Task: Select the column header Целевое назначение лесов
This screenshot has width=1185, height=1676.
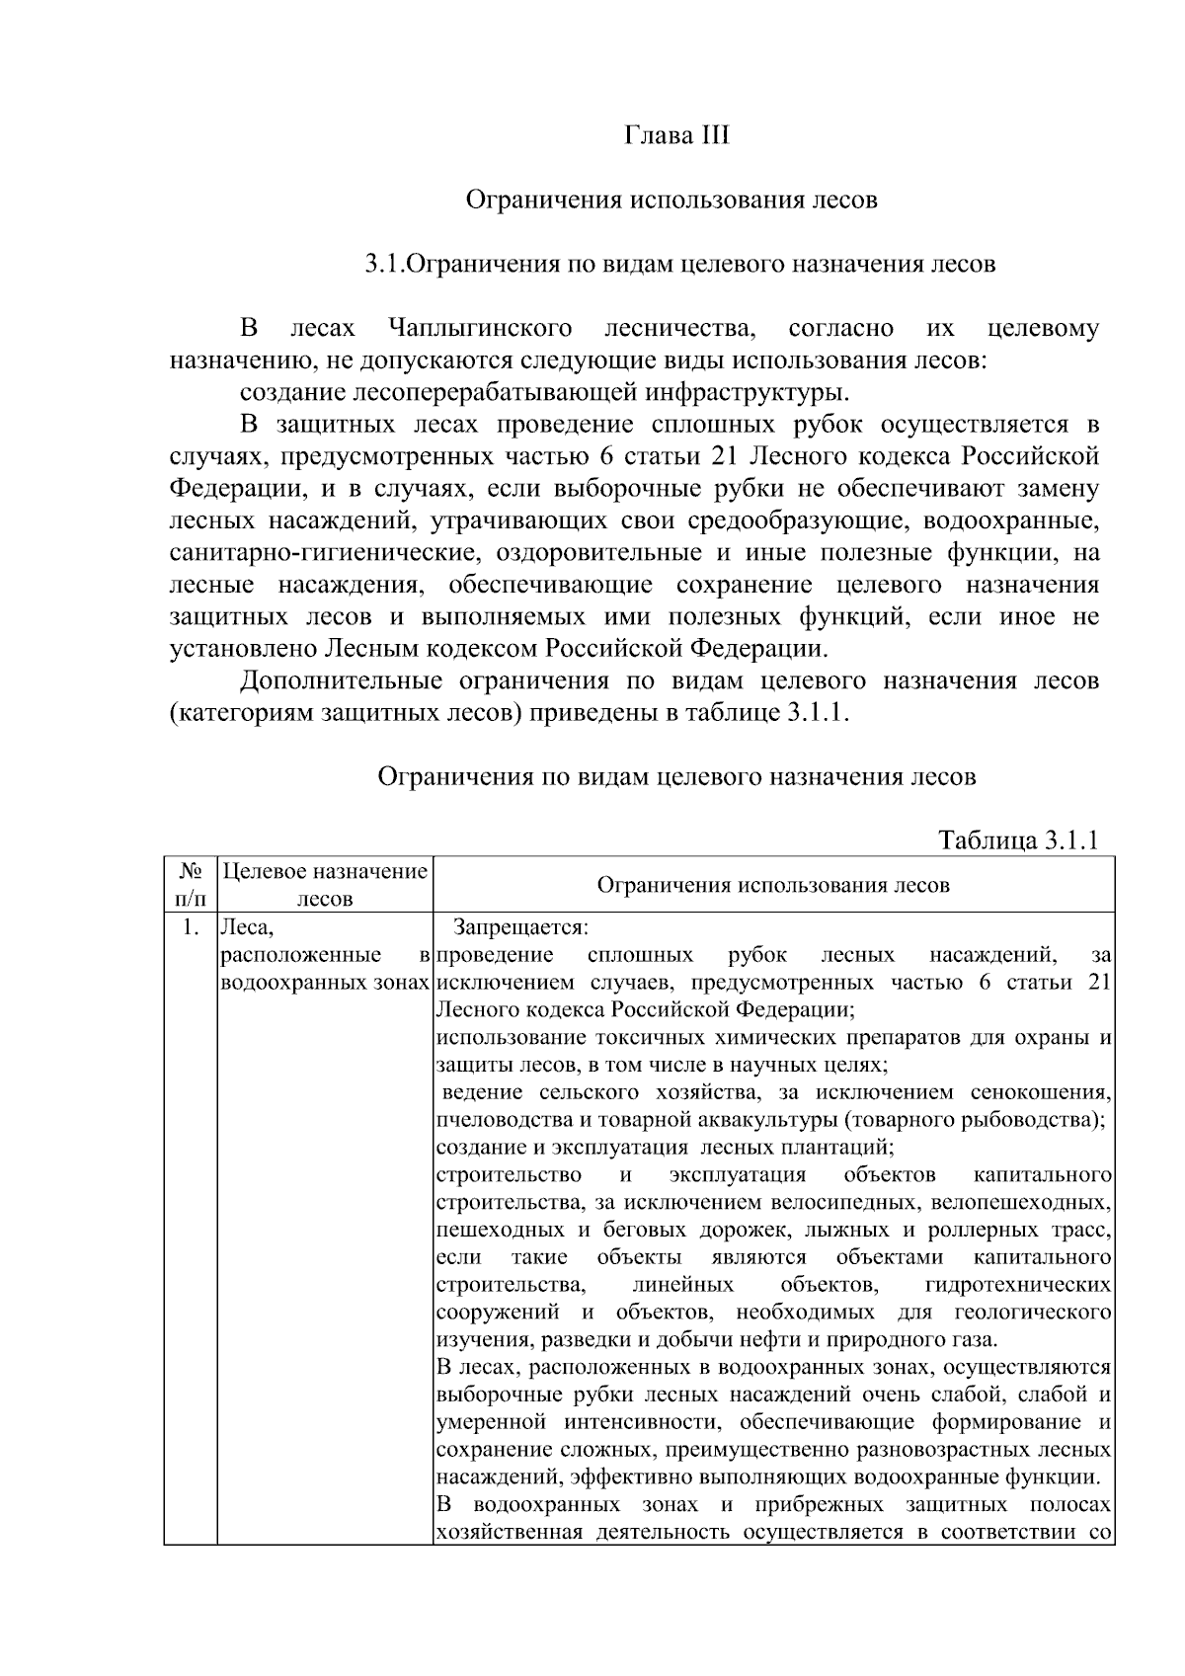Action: [x=325, y=885]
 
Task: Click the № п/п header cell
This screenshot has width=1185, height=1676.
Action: [x=191, y=885]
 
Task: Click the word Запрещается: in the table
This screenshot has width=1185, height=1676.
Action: [x=520, y=927]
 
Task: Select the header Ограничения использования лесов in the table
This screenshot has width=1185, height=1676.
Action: [x=773, y=885]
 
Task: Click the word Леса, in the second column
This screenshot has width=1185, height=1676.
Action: [x=246, y=927]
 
